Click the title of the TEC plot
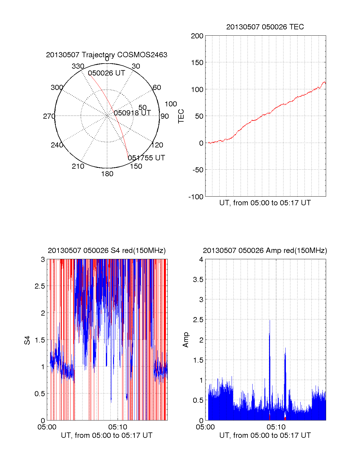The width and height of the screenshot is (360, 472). [265, 27]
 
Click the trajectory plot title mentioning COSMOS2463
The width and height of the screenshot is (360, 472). [106, 55]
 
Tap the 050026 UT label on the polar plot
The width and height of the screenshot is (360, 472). [106, 73]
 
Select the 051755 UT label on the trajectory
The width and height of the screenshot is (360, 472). [146, 158]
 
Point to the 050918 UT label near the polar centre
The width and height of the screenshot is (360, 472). [132, 113]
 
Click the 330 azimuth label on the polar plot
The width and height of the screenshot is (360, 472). [78, 66]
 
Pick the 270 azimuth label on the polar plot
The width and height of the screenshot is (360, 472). [49, 116]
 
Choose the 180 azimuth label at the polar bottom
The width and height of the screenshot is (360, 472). [107, 174]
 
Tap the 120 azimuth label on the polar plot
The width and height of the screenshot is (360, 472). [157, 145]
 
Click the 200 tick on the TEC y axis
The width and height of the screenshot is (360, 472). [197, 36]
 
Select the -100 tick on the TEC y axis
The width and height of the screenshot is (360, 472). [196, 197]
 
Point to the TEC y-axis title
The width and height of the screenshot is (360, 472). [181, 116]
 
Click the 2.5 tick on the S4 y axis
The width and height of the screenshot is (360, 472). [40, 286]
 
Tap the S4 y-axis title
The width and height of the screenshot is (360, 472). [27, 340]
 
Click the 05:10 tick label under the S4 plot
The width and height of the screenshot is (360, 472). [118, 427]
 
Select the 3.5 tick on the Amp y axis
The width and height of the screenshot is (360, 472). [198, 280]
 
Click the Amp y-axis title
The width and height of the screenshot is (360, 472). [186, 340]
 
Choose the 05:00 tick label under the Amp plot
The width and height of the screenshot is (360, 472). [205, 427]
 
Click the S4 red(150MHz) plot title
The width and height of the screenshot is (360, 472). [106, 251]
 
